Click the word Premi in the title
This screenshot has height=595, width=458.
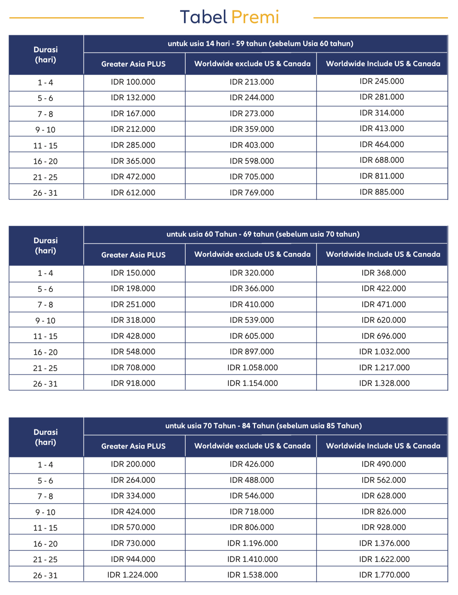point(255,17)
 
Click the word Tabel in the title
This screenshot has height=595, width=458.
point(203,17)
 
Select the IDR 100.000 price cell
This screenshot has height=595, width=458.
point(133,82)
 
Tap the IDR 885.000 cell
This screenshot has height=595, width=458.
point(382,192)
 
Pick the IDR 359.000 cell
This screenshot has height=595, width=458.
point(252,129)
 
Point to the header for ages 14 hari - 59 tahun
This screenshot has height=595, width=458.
point(260,44)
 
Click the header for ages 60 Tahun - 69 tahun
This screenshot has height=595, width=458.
point(263,234)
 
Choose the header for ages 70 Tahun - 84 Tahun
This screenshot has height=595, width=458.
point(263,426)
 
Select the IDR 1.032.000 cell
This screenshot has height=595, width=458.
point(384,352)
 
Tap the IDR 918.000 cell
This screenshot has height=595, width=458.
point(133,383)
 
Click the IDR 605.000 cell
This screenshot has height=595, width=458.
point(252,336)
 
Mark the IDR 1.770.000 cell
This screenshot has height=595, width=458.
point(384,575)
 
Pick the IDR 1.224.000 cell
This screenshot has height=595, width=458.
point(132,575)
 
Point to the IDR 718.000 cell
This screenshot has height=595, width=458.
point(252,512)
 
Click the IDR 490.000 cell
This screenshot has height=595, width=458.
point(383,464)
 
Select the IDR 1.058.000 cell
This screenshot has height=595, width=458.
point(252,368)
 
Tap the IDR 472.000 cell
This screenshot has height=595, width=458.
point(133,177)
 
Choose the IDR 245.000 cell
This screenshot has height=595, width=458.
point(382,82)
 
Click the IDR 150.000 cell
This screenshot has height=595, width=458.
point(133,273)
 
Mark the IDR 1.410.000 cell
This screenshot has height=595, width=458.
point(252,559)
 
